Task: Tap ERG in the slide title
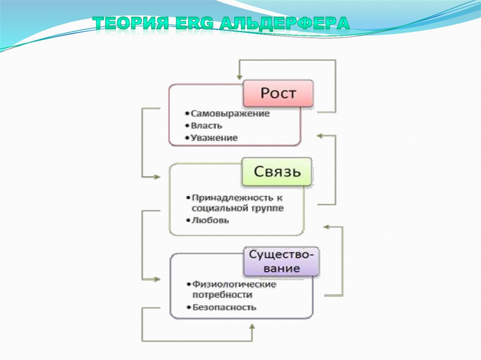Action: pyautogui.click(x=193, y=23)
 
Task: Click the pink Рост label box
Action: pyautogui.click(x=278, y=93)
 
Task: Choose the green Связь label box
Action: pyautogui.click(x=277, y=171)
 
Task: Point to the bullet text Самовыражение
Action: pyautogui.click(x=230, y=114)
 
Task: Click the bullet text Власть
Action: pyautogui.click(x=207, y=126)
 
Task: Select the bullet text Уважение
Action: pyautogui.click(x=214, y=138)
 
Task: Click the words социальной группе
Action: pyautogui.click(x=238, y=208)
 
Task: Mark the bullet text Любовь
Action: pyautogui.click(x=210, y=220)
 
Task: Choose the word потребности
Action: pyautogui.click(x=222, y=295)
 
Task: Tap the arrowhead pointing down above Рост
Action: pyautogui.click(x=239, y=75)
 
